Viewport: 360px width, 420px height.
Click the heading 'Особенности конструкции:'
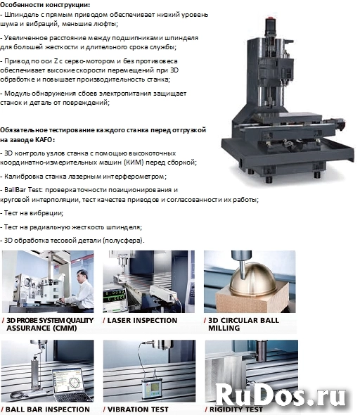45,4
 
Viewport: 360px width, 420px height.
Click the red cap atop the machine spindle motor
270,18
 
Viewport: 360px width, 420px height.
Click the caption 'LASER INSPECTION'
142,320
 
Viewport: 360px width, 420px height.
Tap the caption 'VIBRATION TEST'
138,409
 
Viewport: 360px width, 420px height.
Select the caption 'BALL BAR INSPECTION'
47,409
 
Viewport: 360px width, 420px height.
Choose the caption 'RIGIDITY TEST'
236,409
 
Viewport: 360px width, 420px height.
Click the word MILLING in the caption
224,328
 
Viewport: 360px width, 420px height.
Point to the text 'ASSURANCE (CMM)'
41,328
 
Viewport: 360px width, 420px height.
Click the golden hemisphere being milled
252,279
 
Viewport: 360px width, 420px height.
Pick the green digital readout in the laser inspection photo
115,295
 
